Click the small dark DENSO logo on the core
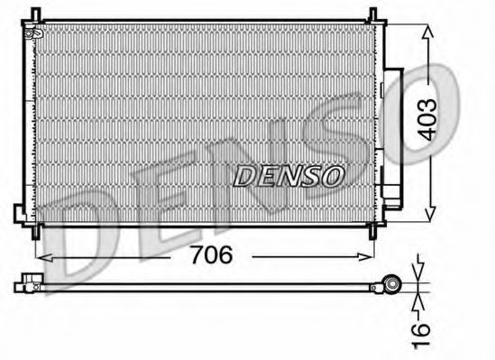pos(288,176)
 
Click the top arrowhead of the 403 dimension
pos(426,28)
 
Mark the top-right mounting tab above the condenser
pos(370,12)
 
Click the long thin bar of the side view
pos(207,286)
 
